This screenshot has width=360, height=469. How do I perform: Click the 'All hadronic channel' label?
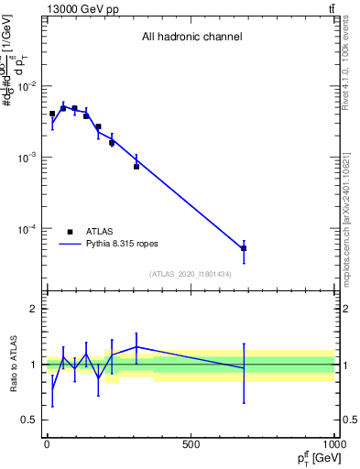[191, 38]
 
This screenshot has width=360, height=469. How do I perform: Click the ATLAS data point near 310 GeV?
[136, 167]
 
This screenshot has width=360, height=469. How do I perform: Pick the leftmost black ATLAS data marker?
[52, 114]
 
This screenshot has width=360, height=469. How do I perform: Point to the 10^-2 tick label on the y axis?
[27, 86]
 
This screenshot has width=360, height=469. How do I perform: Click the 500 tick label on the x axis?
[191, 445]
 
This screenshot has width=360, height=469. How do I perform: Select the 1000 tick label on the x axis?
[333, 445]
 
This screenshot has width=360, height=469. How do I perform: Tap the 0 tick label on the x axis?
[47, 445]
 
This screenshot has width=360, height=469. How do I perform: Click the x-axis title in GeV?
[315, 459]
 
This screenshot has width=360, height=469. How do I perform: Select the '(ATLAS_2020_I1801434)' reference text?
[191, 274]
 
